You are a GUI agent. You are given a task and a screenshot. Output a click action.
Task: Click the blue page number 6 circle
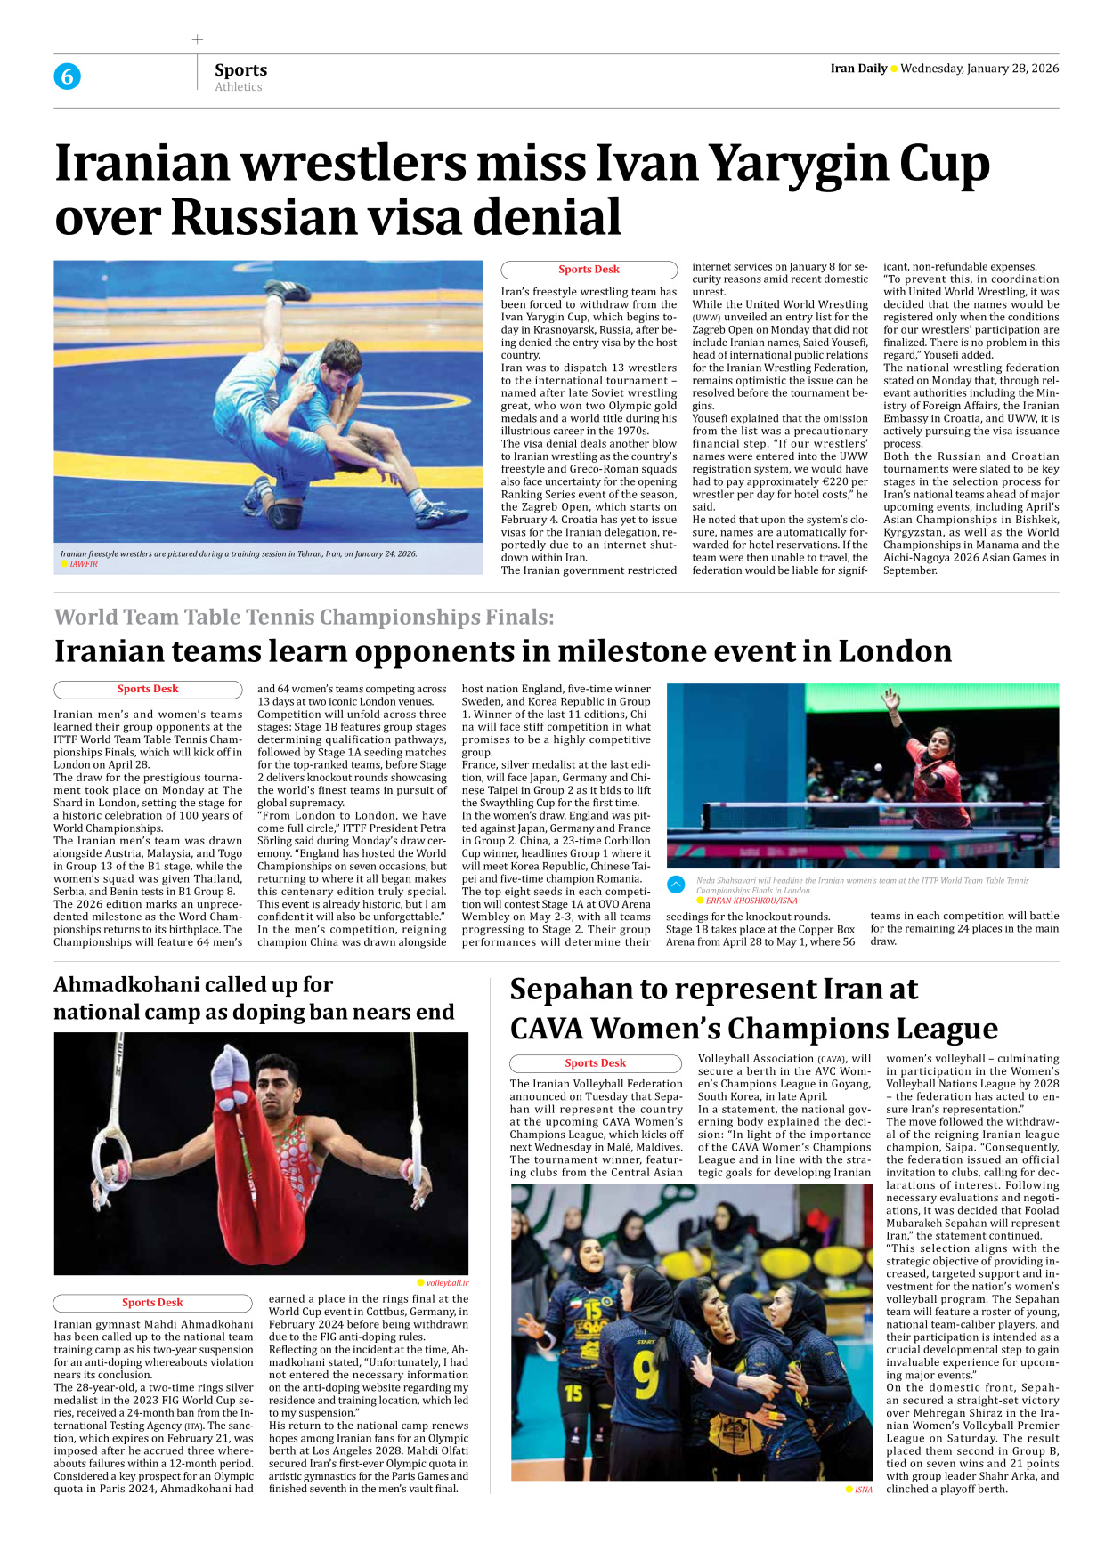coord(67,77)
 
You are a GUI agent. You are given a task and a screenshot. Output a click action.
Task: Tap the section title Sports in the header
coord(240,69)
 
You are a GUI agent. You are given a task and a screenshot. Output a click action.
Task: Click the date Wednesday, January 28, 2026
coord(979,69)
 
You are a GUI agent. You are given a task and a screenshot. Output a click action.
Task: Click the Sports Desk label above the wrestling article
coord(589,270)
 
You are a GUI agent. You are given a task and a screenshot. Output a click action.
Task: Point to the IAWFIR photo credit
coord(84,564)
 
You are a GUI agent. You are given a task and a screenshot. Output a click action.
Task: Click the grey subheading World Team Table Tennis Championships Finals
coord(304,617)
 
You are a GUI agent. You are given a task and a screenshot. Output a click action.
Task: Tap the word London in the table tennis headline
coord(895,651)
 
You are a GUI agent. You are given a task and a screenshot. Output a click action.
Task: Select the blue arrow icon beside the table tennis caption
coord(676,885)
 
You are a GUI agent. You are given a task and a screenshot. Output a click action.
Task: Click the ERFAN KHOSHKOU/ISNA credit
coord(751,901)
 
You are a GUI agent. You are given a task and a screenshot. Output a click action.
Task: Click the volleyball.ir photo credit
coord(446,1283)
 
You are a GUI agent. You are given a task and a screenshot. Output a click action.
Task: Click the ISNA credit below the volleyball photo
coord(863,1490)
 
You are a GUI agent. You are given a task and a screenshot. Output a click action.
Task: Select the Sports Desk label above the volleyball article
coord(595,1063)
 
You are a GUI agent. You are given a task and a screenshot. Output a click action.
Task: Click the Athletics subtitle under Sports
coord(238,87)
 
